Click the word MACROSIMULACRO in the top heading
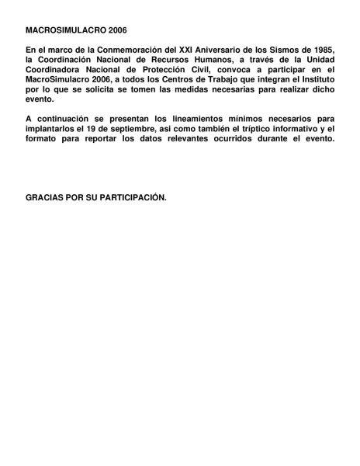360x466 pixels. point(57,29)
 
